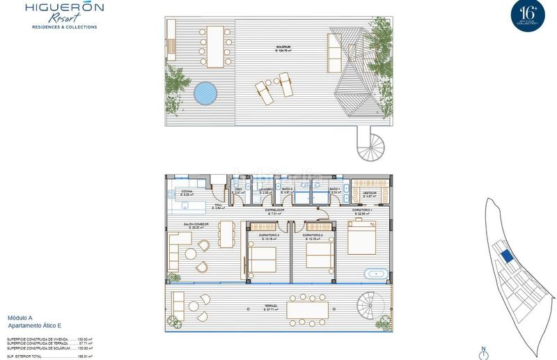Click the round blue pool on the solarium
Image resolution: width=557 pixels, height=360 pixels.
pyautogui.click(x=205, y=93)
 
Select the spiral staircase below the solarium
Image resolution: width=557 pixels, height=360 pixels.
pyautogui.click(x=370, y=145)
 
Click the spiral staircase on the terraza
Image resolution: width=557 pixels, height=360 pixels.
pyautogui.click(x=369, y=305)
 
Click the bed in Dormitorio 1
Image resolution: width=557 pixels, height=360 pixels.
pyautogui.click(x=362, y=237)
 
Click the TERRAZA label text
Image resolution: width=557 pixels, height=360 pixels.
pyautogui.click(x=272, y=306)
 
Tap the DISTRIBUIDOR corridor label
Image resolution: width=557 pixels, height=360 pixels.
pyautogui.click(x=275, y=209)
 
